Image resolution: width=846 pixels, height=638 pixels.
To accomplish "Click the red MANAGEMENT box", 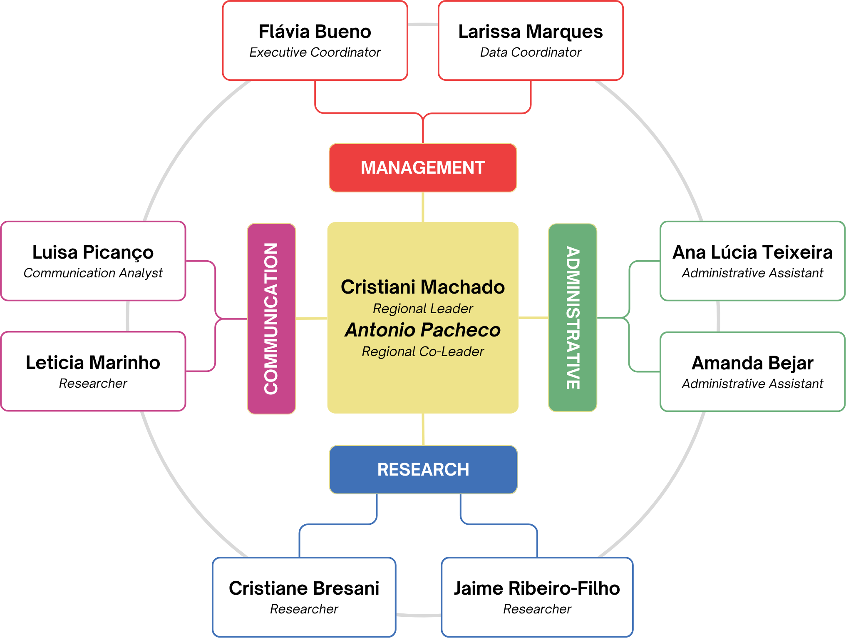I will [x=423, y=168].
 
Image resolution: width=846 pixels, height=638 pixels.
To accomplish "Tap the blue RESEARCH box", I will [x=423, y=470].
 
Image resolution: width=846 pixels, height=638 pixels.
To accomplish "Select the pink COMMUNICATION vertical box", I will [x=271, y=319].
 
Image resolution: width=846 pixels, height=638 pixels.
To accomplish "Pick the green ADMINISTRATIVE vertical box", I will [x=573, y=318].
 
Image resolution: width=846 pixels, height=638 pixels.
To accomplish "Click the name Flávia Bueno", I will [x=315, y=32].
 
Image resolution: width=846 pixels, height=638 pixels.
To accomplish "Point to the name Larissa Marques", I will [x=531, y=32].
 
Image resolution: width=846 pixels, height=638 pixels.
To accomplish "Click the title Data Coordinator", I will [x=531, y=52].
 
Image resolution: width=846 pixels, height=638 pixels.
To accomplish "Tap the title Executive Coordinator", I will [x=315, y=52].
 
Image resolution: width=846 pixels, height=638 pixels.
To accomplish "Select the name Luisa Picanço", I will [x=93, y=252].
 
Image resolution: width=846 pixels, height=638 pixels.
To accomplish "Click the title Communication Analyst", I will [x=93, y=273].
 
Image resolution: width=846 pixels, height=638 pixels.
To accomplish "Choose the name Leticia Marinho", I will [x=93, y=363].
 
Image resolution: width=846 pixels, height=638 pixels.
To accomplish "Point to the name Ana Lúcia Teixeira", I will [x=752, y=252].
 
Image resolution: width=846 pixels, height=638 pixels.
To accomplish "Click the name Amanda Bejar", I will [x=752, y=363].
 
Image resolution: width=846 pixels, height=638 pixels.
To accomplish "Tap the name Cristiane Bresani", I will [x=304, y=588].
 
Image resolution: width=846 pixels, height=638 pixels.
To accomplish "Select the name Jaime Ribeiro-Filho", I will [x=537, y=588].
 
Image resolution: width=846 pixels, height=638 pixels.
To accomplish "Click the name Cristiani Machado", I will [x=423, y=287].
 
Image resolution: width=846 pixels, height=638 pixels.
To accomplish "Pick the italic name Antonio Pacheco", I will [x=423, y=330].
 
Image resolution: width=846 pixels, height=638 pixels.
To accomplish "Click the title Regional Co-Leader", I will [x=423, y=351].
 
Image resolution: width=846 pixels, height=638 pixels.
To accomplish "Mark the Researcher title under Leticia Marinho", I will [x=93, y=384].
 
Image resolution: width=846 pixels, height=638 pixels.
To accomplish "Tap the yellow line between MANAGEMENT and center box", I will [x=423, y=207].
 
